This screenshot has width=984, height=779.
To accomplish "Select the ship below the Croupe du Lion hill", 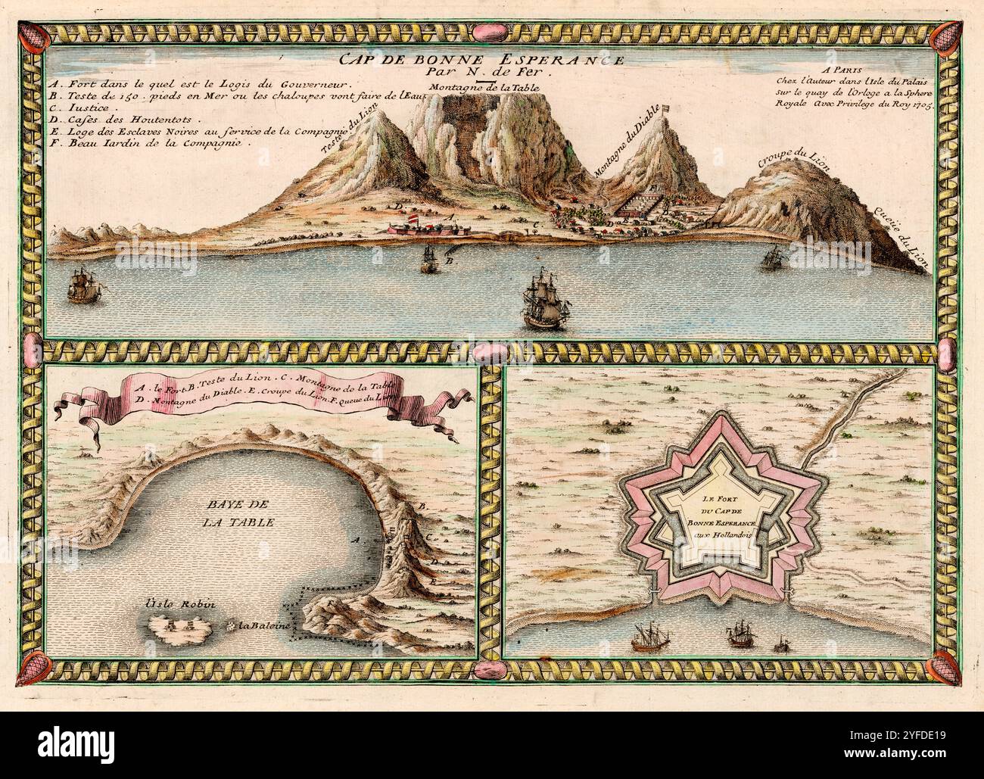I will [772, 257].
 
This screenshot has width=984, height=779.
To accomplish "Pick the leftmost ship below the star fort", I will [648, 637].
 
